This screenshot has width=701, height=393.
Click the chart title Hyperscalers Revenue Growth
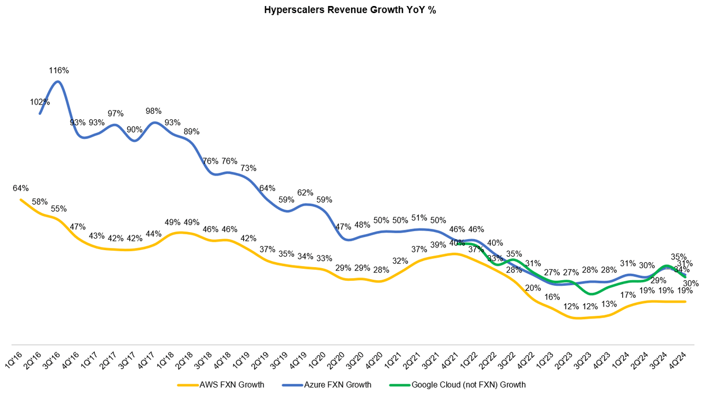tap(350, 10)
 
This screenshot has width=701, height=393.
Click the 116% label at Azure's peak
tap(59, 71)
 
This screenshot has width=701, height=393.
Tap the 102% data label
tap(40, 102)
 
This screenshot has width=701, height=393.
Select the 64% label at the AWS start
tap(21, 188)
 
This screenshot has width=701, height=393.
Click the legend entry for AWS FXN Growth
tap(221, 385)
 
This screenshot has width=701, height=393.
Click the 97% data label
tap(116, 113)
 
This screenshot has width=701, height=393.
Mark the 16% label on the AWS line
tap(552, 297)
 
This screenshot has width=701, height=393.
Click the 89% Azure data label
tap(191, 131)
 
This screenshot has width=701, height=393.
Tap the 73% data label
tap(248, 168)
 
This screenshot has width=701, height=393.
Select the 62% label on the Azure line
tap(305, 193)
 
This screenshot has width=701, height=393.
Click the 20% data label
tap(533, 288)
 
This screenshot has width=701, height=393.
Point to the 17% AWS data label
tap(628, 295)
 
